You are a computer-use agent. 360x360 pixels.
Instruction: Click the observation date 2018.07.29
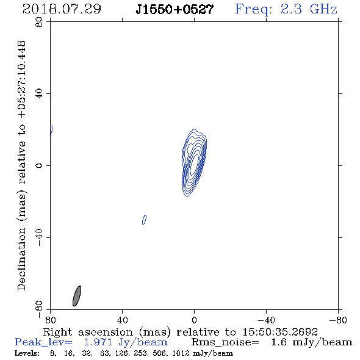[x=62, y=9]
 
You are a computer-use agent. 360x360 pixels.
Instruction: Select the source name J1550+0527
[x=175, y=9]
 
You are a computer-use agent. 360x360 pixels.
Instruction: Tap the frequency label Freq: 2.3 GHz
[x=286, y=9]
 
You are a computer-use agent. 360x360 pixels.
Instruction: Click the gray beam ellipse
[x=77, y=296]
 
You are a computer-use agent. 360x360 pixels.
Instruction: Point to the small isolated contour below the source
[x=144, y=220]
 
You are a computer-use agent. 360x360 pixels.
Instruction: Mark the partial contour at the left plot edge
[x=51, y=131]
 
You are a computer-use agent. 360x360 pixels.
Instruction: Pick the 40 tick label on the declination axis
[x=39, y=94]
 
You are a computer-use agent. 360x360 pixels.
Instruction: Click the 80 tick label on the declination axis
[x=39, y=22]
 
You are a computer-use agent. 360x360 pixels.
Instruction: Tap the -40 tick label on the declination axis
[x=39, y=237]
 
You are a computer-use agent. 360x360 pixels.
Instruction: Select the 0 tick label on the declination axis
[x=39, y=165]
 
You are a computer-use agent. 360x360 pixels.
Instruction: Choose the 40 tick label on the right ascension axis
[x=122, y=320]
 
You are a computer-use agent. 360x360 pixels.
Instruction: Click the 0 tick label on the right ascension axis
[x=194, y=320]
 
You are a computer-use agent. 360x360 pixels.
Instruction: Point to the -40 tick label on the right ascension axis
[x=266, y=320]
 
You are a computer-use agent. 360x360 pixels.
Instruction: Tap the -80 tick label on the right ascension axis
[x=338, y=320]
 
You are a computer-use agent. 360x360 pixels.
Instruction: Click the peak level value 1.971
[x=98, y=342]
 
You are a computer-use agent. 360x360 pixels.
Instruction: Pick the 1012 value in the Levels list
[x=181, y=353]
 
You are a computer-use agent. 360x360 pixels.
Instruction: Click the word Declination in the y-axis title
[x=21, y=259]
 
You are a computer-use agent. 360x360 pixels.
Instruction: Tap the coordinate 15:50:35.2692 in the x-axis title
[x=280, y=332]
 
